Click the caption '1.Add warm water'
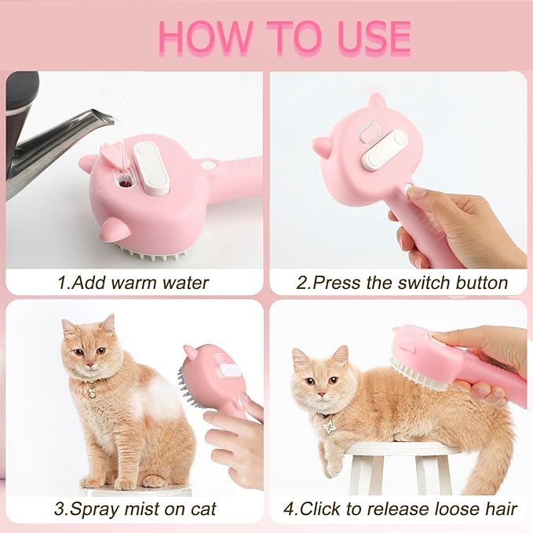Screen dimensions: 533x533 pos(133,282)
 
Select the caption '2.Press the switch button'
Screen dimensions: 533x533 pos(402,282)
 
